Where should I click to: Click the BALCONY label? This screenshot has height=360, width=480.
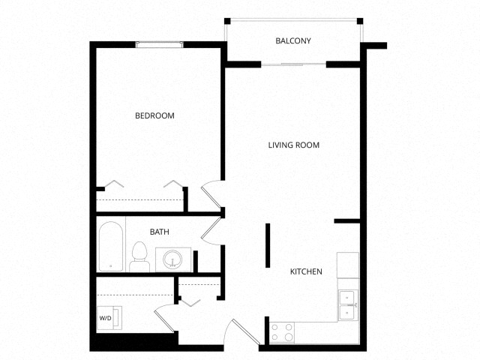pyautogui.click(x=292, y=41)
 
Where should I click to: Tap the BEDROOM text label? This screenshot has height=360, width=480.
pyautogui.click(x=154, y=115)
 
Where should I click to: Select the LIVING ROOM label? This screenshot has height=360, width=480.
pyautogui.click(x=294, y=145)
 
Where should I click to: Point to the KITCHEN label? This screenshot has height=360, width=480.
pyautogui.click(x=306, y=271)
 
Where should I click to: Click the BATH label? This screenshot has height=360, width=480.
pyautogui.click(x=159, y=232)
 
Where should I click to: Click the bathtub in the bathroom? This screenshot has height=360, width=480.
pyautogui.click(x=111, y=245)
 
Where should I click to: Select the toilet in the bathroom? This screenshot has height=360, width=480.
pyautogui.click(x=139, y=256)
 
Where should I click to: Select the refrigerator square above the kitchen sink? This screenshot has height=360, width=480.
pyautogui.click(x=348, y=265)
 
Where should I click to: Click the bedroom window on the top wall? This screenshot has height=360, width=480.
pyautogui.click(x=159, y=45)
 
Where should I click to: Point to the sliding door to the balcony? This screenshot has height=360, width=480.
pyautogui.click(x=293, y=65)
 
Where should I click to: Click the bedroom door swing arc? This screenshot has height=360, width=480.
pyautogui.click(x=211, y=195)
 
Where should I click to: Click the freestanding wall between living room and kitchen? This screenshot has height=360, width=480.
pyautogui.click(x=267, y=244)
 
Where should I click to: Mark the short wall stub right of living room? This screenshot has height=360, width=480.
pyautogui.click(x=346, y=221)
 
